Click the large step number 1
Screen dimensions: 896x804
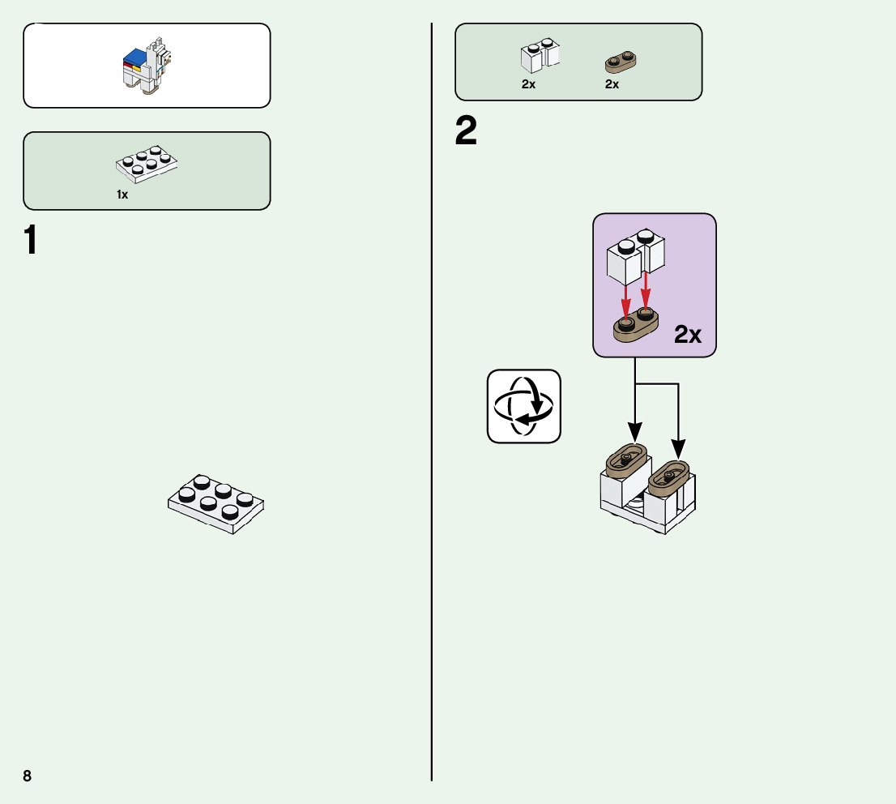pyautogui.click(x=32, y=242)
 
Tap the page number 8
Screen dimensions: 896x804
pyautogui.click(x=28, y=776)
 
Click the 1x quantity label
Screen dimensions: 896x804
pyautogui.click(x=122, y=195)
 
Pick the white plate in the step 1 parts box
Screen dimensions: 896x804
pyautogui.click(x=147, y=163)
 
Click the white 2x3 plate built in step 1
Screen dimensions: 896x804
pyautogui.click(x=216, y=502)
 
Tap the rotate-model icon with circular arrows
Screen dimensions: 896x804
pyautogui.click(x=523, y=406)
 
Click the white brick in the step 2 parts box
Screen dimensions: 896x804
pyautogui.click(x=539, y=55)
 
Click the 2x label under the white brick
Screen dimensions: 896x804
pyautogui.click(x=528, y=84)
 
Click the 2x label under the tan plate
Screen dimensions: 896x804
pyautogui.click(x=612, y=84)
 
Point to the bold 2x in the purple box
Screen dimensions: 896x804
pyautogui.click(x=688, y=335)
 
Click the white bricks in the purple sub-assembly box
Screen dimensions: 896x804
pyautogui.click(x=636, y=254)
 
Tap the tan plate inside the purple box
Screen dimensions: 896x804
pyautogui.click(x=635, y=325)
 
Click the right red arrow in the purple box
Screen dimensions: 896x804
pyautogui.click(x=646, y=294)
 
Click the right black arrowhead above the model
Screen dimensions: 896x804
pyautogui.click(x=678, y=447)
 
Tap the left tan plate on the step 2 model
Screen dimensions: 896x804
pyautogui.click(x=627, y=460)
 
